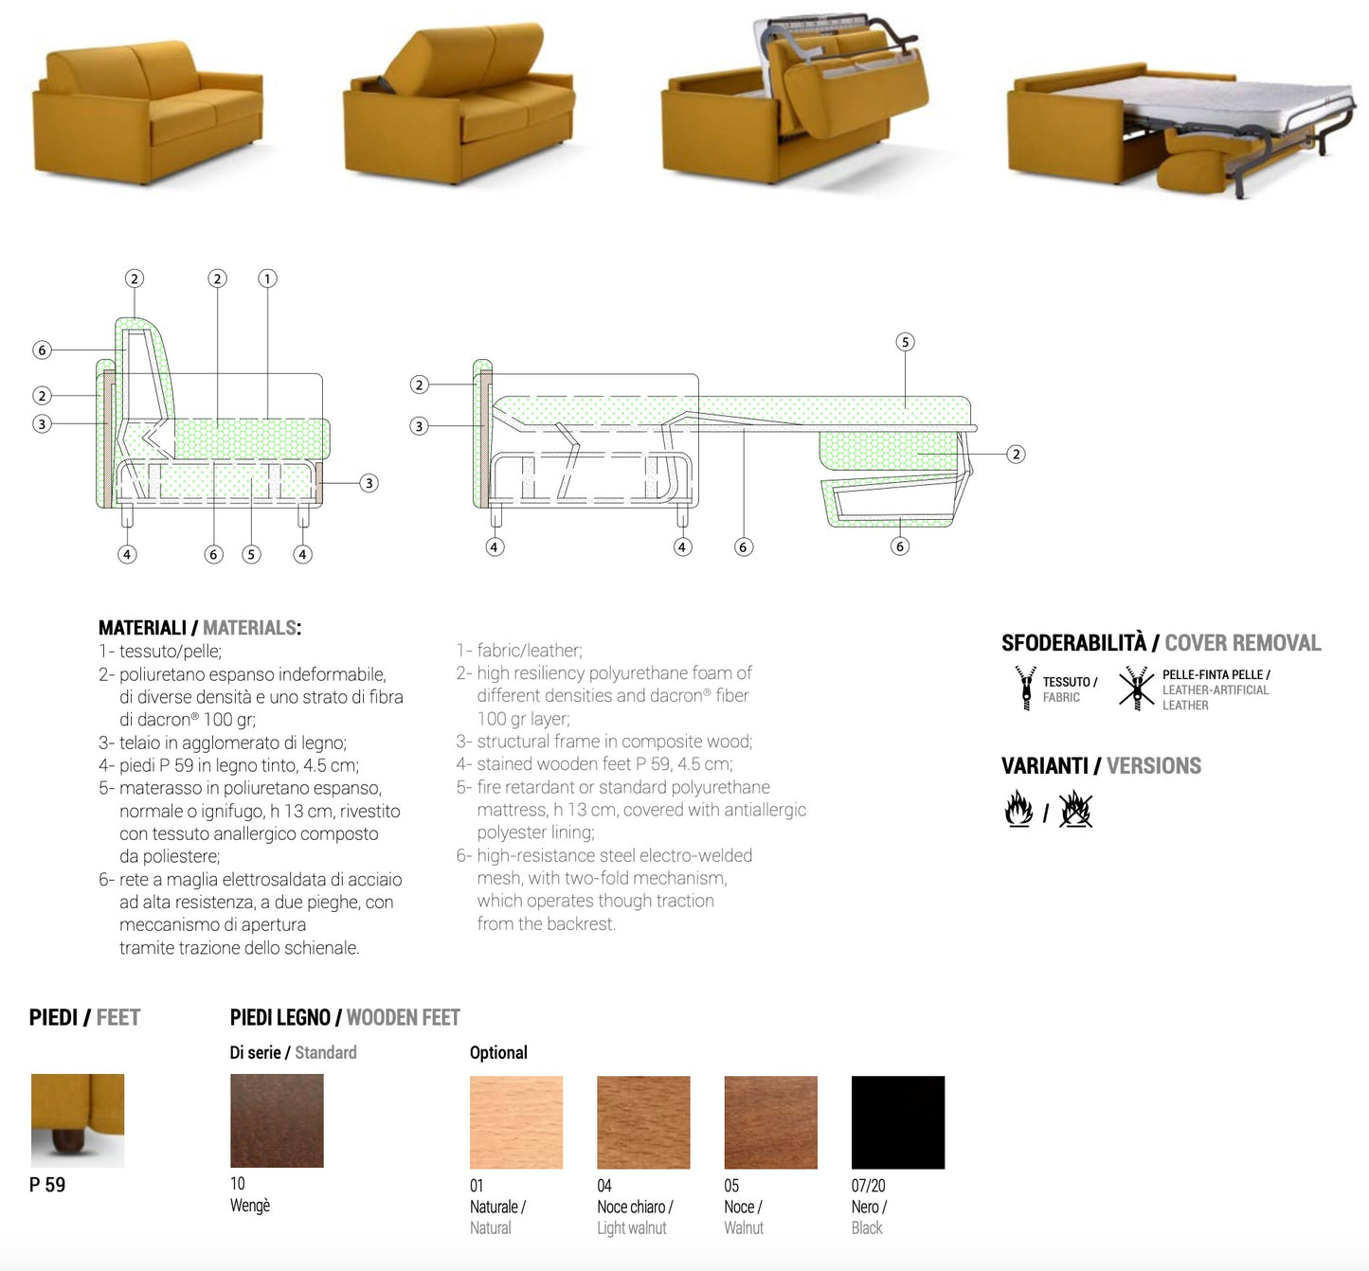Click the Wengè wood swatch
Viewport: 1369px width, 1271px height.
(277, 1120)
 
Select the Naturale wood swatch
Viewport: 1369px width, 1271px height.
(516, 1122)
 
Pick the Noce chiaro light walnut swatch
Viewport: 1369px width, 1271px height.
(643, 1122)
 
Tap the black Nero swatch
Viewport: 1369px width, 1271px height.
(898, 1122)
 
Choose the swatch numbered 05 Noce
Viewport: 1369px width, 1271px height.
(770, 1122)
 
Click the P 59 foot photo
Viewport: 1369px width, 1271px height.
(78, 1120)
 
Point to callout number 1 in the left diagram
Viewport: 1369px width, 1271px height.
(267, 278)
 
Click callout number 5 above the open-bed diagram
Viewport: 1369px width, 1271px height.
(905, 342)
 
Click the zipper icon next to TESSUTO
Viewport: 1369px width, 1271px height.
(1026, 688)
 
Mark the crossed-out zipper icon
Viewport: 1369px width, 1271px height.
(1136, 688)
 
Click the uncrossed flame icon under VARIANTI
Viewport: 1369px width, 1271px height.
(1018, 809)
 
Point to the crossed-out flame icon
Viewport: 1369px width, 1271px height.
(1075, 809)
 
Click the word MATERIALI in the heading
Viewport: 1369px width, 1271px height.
(143, 628)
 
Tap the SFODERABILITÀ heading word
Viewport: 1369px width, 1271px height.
(1073, 643)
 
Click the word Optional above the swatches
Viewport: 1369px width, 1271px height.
(498, 1052)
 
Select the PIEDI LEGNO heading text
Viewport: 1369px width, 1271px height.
(279, 1017)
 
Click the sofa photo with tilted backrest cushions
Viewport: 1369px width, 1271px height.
(459, 103)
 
